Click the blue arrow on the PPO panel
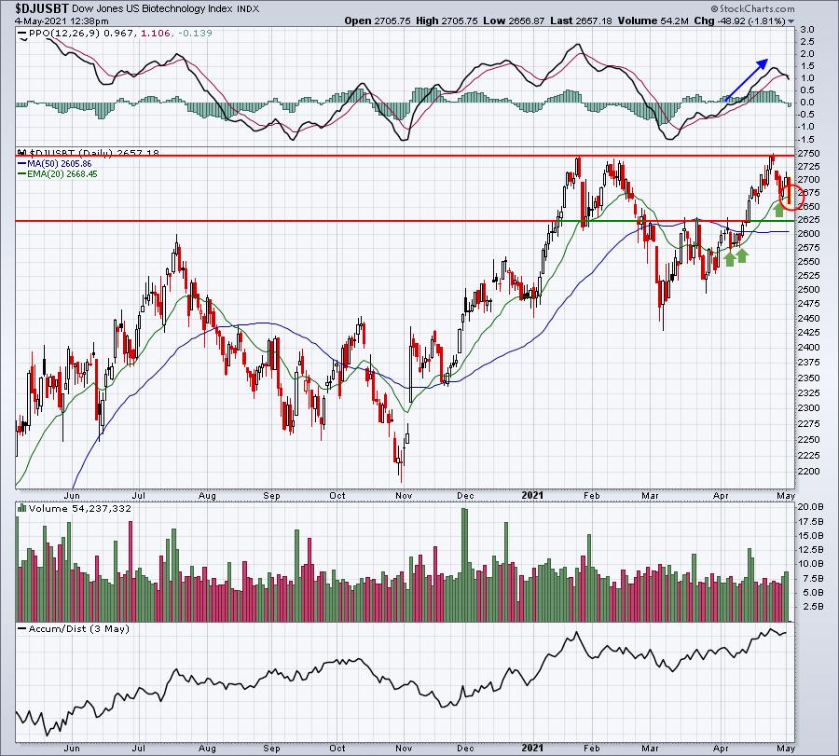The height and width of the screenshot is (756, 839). point(746,79)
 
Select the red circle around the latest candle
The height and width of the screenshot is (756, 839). point(791,197)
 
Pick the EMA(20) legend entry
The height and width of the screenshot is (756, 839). point(58,174)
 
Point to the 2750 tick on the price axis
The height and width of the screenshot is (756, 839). point(808,154)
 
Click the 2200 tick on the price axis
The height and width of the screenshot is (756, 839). point(808,472)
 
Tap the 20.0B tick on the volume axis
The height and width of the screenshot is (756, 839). point(810,507)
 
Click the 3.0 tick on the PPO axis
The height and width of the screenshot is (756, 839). point(807,30)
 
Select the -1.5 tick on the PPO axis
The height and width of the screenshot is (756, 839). point(805,139)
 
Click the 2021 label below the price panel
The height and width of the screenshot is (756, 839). point(532,495)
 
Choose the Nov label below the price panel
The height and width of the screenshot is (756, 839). point(404,495)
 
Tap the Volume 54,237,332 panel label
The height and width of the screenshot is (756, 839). point(75,508)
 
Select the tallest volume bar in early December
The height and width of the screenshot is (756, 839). point(464,565)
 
